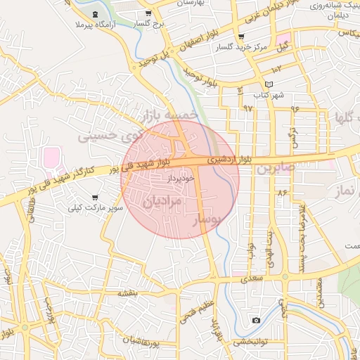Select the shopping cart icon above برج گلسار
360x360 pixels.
[148, 13]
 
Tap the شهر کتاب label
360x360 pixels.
[269, 94]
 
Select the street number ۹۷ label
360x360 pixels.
[247, 108]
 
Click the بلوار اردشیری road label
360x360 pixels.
[226, 160]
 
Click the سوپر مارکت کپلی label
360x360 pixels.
[96, 208]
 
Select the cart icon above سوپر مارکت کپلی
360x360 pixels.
[95, 198]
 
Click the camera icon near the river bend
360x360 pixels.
[256, 321]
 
